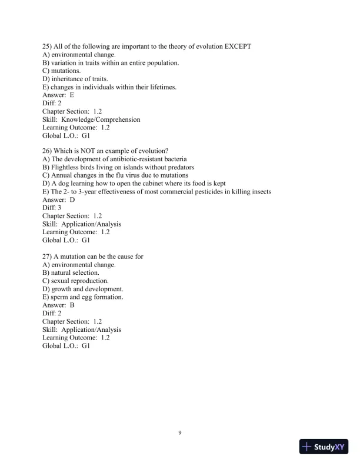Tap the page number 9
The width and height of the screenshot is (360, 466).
point(180,433)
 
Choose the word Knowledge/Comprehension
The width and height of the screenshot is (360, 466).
point(105,119)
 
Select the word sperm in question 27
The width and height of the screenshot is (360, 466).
point(60,297)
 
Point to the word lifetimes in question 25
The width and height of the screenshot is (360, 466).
point(160,87)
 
